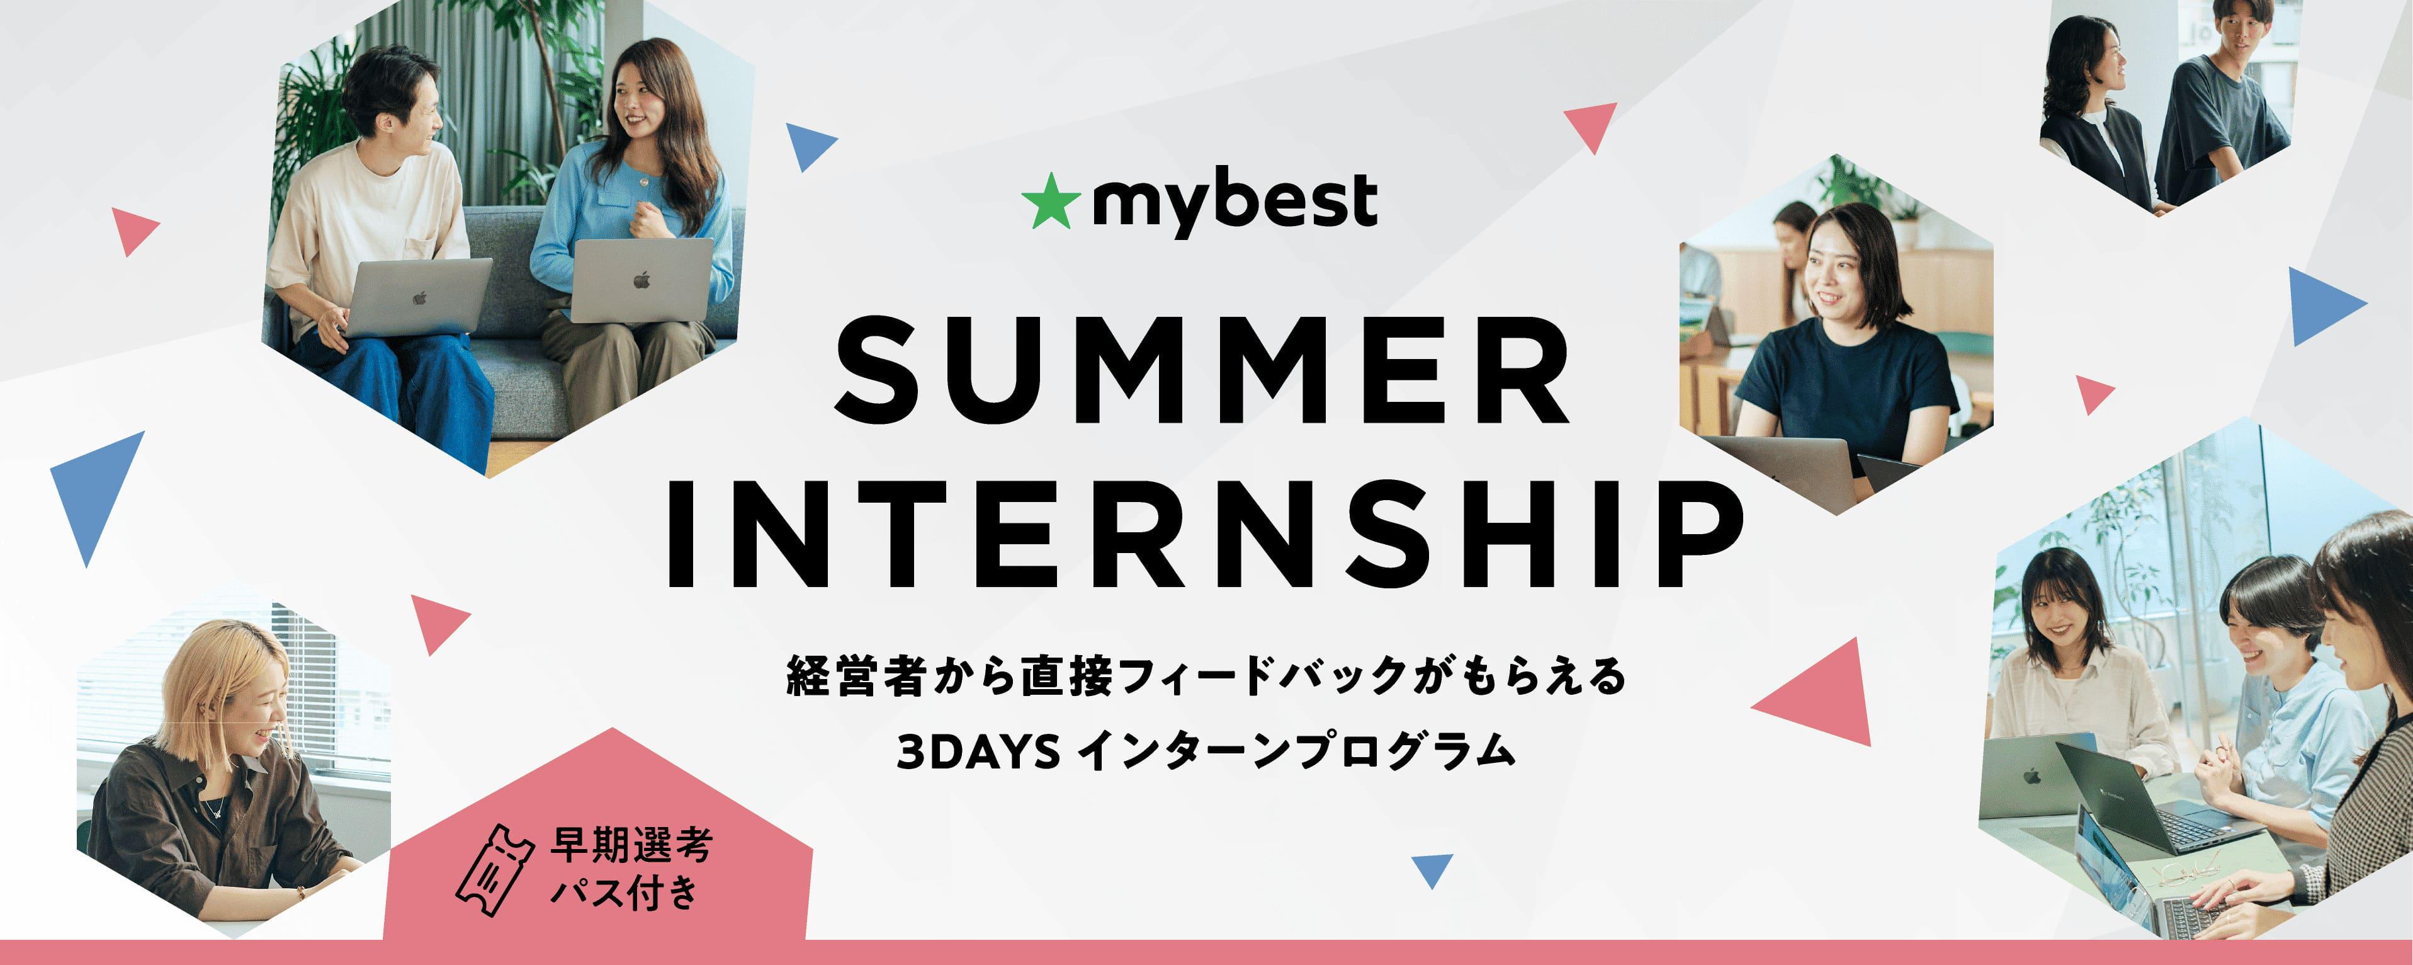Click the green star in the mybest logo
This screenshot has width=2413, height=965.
(x=1050, y=202)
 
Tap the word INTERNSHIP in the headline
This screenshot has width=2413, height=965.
(x=1205, y=534)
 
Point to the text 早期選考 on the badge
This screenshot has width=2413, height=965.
(x=631, y=845)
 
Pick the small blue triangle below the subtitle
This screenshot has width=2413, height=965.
(x=1432, y=869)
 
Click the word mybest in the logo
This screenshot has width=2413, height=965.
(x=1235, y=202)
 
